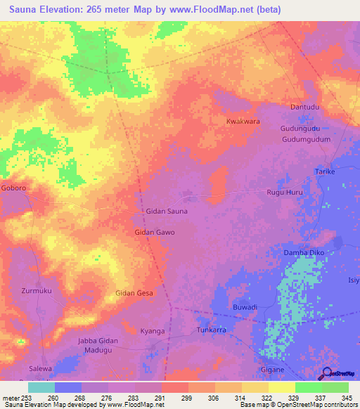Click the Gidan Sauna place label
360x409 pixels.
(x=166, y=211)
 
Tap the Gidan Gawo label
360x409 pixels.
(x=154, y=232)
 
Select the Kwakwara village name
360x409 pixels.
(x=243, y=122)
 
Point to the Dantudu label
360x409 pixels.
(x=305, y=107)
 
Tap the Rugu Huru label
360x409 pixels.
(x=284, y=192)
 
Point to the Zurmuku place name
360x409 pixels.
(x=37, y=290)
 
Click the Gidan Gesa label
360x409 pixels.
(x=134, y=293)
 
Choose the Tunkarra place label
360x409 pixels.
(x=210, y=329)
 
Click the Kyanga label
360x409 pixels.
(x=153, y=330)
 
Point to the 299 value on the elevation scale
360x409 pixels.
(x=186, y=398)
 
